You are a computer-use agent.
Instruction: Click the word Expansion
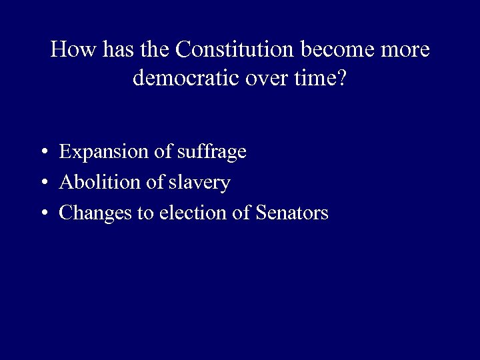[x=105, y=152]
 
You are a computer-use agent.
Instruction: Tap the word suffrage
[x=213, y=152]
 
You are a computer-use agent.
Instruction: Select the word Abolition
[x=99, y=182]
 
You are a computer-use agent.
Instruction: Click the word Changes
[x=96, y=213]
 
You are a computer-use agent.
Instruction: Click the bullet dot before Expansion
[x=43, y=153]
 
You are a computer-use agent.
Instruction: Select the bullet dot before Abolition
[x=43, y=183]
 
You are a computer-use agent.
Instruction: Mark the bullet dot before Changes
[x=43, y=213]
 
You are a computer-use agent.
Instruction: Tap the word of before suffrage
[x=164, y=152]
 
